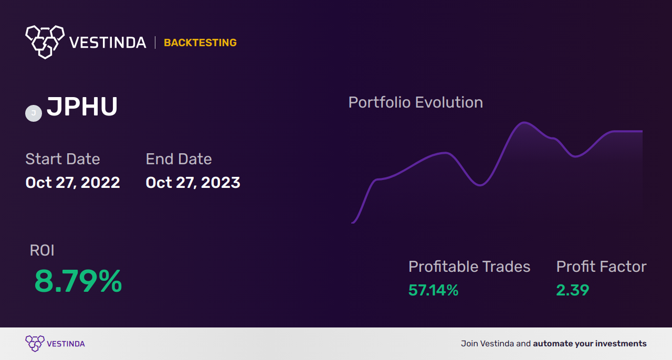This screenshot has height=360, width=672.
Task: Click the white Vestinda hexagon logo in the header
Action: pos(45,42)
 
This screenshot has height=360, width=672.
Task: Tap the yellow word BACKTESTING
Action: pos(200,43)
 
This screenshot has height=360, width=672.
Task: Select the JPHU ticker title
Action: pos(82,107)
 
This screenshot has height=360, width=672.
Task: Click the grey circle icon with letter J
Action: pos(34,113)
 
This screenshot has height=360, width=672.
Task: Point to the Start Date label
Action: pos(62,158)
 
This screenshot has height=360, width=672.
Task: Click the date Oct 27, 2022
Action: pos(72,183)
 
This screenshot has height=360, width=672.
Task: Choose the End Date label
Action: pos(179,158)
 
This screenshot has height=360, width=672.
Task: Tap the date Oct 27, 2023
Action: pos(193,183)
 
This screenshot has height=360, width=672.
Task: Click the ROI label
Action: pos(42,250)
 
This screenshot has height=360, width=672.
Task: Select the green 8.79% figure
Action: pos(78,281)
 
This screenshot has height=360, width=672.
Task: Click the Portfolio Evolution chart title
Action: pos(415,102)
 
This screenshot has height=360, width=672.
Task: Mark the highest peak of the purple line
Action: pos(524,122)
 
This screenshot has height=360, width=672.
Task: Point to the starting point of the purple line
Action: pos(352,223)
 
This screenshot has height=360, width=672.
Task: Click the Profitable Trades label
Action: pos(469,267)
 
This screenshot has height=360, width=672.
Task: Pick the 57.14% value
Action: pos(433,290)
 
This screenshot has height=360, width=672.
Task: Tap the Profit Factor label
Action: pos(601,267)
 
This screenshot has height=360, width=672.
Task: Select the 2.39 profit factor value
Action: pos(573,290)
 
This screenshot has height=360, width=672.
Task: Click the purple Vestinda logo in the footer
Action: pos(55,344)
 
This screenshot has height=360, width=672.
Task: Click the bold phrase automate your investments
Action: pos(590,344)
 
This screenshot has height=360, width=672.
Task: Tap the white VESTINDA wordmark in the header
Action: pos(108,43)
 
